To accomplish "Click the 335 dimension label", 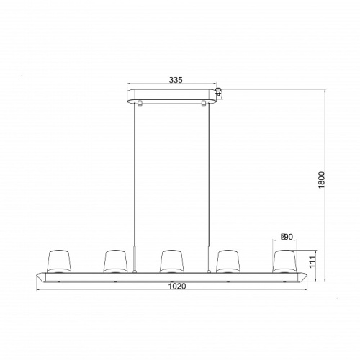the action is (x=176, y=80).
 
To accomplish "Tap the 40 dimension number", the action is (x=219, y=92).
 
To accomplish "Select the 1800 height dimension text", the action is (x=321, y=180).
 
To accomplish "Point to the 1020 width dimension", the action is (x=177, y=286).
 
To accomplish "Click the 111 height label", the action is (x=312, y=262).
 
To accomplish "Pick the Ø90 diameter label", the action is (x=287, y=237).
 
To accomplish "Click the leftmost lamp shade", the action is (x=59, y=261).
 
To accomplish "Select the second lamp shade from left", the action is (x=115, y=261).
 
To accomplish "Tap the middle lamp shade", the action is (x=171, y=261).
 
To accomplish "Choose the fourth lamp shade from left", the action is (x=228, y=261).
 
